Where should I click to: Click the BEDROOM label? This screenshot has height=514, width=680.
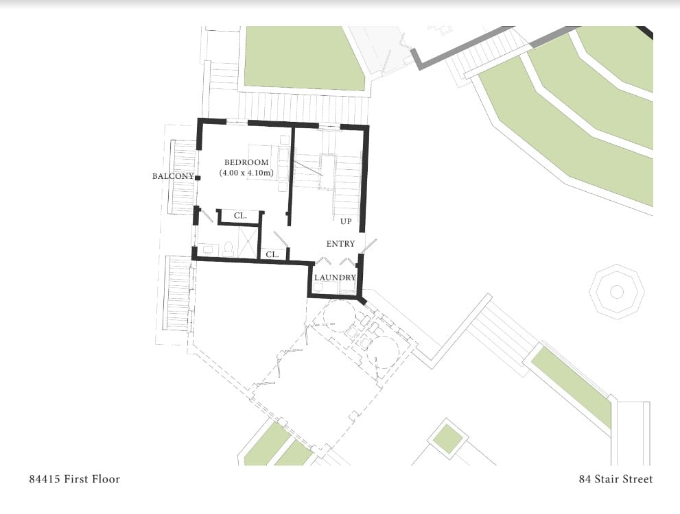[x=246, y=162]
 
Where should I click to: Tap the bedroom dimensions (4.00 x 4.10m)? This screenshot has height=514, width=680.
[x=246, y=173]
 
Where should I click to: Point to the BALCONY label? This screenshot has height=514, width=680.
[x=173, y=176]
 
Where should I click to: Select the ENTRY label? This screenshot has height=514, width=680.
[x=340, y=244]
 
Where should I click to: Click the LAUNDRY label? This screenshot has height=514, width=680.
[x=336, y=278]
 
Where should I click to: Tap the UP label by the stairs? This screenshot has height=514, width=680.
[x=346, y=222]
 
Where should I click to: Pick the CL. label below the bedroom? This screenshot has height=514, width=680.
[x=240, y=216]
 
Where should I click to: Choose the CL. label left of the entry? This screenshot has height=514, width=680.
[x=272, y=255]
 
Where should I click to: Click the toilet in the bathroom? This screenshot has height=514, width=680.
[x=228, y=249]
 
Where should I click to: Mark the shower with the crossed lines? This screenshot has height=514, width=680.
[x=247, y=242]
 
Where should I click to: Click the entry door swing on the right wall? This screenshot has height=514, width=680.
[x=369, y=245]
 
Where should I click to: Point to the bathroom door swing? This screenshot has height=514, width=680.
[x=206, y=216]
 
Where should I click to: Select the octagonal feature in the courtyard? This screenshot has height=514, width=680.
[x=616, y=292]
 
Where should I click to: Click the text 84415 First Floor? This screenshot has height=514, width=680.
[x=75, y=479]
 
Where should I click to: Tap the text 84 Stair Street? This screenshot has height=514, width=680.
[x=615, y=479]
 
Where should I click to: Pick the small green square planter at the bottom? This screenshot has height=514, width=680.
[x=448, y=439]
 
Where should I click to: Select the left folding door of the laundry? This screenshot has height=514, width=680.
[x=321, y=260]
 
